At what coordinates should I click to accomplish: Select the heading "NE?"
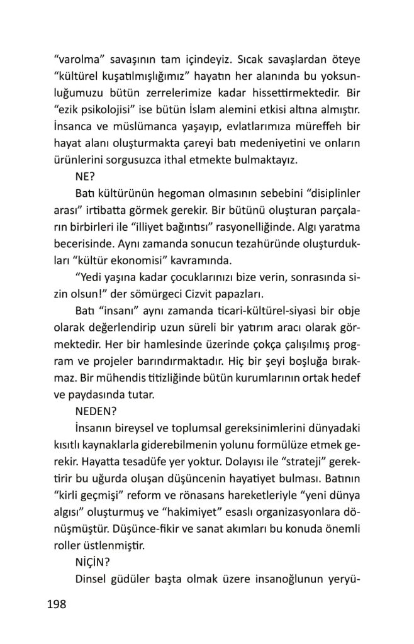(86, 177)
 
